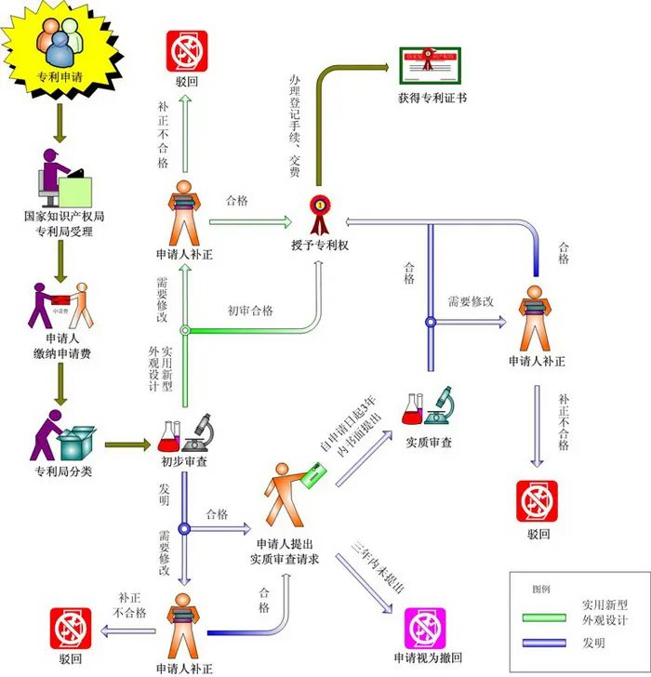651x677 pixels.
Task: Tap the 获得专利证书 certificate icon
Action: [x=431, y=63]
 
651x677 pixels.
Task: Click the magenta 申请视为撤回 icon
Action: [x=426, y=626]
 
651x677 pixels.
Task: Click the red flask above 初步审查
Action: [x=169, y=433]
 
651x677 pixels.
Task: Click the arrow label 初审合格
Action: [x=250, y=311]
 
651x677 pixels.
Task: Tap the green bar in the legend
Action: [x=543, y=616]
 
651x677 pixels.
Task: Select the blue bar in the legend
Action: [x=543, y=643]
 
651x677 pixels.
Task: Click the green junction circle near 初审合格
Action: [x=185, y=330]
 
